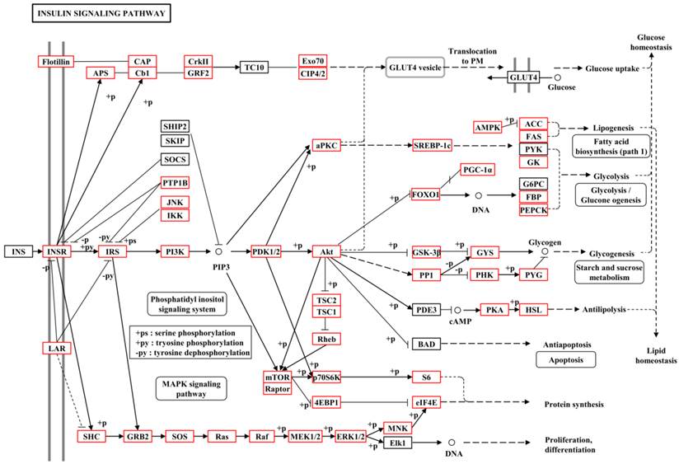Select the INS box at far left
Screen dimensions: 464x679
(17, 251)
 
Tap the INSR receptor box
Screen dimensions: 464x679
(57, 251)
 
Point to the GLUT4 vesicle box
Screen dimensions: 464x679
(416, 67)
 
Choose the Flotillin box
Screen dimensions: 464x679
(57, 61)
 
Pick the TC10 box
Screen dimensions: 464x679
(255, 67)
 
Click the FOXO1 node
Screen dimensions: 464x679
(426, 195)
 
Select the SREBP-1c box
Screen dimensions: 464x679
(433, 145)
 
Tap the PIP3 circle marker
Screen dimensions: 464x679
(219, 251)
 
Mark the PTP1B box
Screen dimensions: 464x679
(175, 183)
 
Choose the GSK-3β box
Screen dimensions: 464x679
(427, 251)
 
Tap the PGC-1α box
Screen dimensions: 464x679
(477, 170)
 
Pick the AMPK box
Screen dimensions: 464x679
(488, 127)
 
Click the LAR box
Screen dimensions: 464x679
(56, 349)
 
